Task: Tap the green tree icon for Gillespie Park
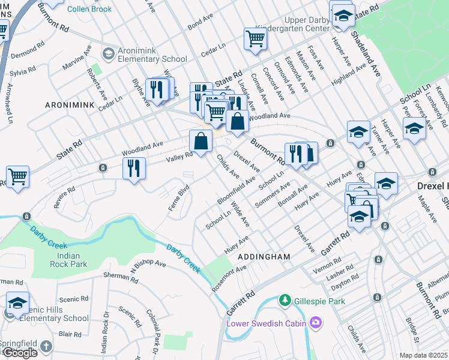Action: (x=285, y=300)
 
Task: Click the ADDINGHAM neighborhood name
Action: (x=264, y=257)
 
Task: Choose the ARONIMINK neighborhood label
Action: (x=70, y=105)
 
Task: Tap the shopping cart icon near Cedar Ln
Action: (x=255, y=39)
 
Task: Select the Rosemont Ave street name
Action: (x=229, y=278)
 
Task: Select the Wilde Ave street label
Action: (x=240, y=214)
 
